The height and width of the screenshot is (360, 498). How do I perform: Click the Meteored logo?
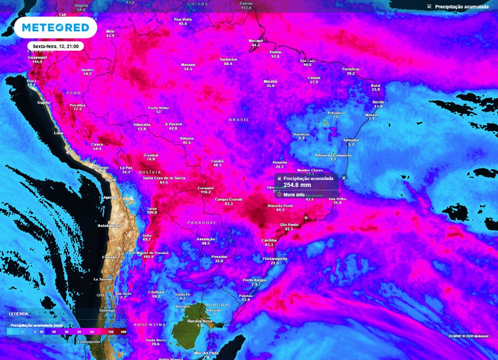[x=55, y=28]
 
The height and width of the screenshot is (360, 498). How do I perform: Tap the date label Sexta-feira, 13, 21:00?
[x=55, y=46]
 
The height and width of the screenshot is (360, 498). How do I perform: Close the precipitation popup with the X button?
[x=344, y=178]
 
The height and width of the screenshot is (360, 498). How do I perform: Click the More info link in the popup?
[x=294, y=195]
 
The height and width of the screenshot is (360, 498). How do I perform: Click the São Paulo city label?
[x=289, y=224]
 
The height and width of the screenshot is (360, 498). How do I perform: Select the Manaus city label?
[x=188, y=65]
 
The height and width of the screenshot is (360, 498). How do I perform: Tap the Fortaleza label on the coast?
[x=351, y=69]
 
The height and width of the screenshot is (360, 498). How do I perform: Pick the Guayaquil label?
[x=37, y=57]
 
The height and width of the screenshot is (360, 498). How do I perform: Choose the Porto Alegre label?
[x=254, y=280]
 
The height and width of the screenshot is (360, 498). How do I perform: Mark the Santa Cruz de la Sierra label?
[x=164, y=178]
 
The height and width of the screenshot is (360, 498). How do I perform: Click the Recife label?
[x=378, y=102]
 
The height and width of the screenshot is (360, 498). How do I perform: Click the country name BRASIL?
[x=239, y=120]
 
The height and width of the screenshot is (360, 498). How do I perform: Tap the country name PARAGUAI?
[x=201, y=222]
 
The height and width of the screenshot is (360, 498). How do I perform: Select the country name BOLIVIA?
[x=149, y=172]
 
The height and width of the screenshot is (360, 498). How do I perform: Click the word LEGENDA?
[x=18, y=314]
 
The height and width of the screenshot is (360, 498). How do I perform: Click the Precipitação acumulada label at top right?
[x=462, y=7]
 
